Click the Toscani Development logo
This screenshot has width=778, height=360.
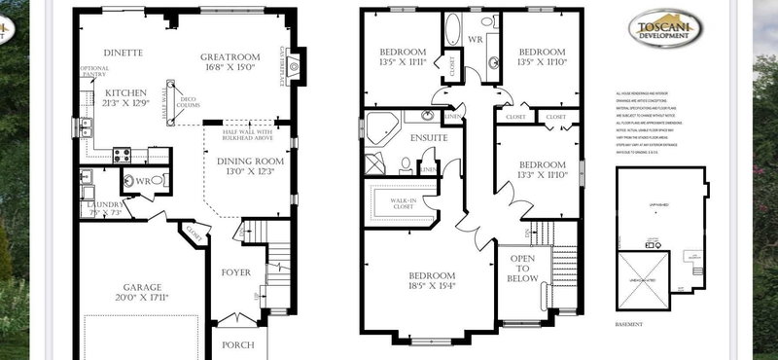tap(665, 29)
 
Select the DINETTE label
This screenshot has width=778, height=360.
tap(123, 52)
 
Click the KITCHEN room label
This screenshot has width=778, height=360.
tap(124, 93)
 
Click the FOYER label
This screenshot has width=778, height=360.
tap(236, 272)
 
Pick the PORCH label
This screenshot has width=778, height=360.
tap(237, 344)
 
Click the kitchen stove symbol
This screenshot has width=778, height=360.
tap(124, 154)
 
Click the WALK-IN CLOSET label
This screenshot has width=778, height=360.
tap(397, 201)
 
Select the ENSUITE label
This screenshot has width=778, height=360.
tap(428, 138)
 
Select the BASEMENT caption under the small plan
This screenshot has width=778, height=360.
tap(634, 324)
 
